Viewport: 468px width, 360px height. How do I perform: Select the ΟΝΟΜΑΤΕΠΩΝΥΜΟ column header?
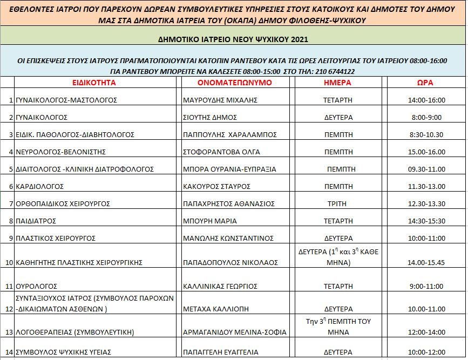(x=235, y=83)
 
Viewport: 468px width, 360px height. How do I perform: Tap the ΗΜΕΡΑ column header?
(x=338, y=83)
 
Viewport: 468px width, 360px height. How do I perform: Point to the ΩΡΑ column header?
(x=425, y=83)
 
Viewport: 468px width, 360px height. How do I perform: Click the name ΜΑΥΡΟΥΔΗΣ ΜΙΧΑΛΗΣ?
(x=220, y=100)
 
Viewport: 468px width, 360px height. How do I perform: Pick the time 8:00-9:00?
(x=425, y=117)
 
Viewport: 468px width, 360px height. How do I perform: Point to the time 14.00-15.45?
(x=425, y=262)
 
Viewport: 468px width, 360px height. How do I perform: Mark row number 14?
(x=10, y=352)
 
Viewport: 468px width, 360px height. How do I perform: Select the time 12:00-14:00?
(x=425, y=332)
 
